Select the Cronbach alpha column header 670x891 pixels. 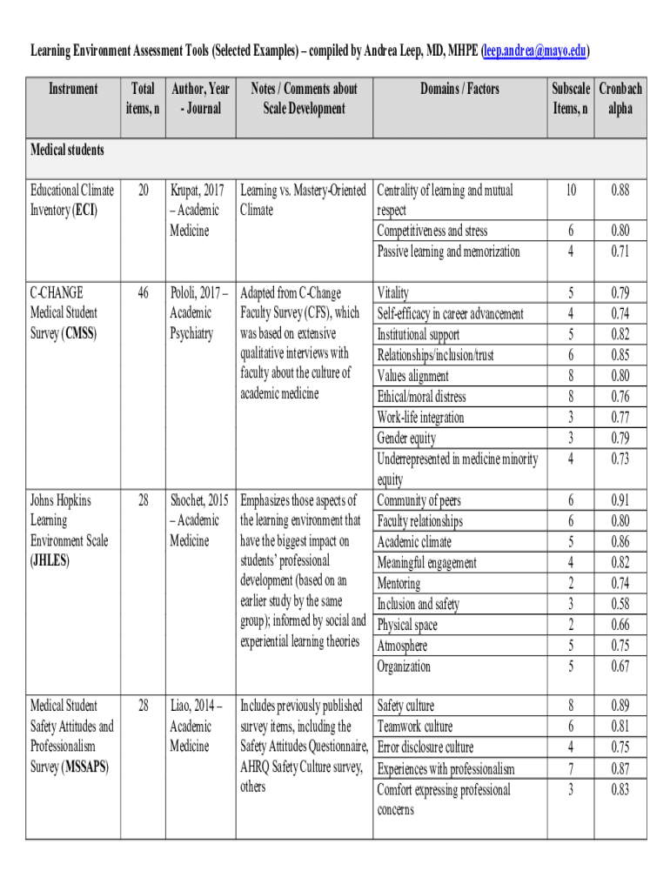[x=620, y=98]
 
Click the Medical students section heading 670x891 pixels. [x=67, y=150]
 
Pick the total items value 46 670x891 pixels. [x=142, y=292]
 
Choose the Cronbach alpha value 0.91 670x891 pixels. [x=620, y=500]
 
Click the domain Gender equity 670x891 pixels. [x=406, y=438]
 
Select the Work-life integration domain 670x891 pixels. [x=420, y=418]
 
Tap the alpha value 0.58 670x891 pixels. [x=620, y=604]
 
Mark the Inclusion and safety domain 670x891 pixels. [x=418, y=604]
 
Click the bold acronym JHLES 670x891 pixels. [x=51, y=561]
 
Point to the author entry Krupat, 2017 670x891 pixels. [x=198, y=190]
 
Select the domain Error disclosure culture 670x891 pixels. [x=425, y=747]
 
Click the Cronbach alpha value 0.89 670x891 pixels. [x=620, y=706]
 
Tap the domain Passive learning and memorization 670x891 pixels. [x=448, y=251]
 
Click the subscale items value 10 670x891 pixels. [x=570, y=190]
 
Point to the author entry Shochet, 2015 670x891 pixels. [x=199, y=500]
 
